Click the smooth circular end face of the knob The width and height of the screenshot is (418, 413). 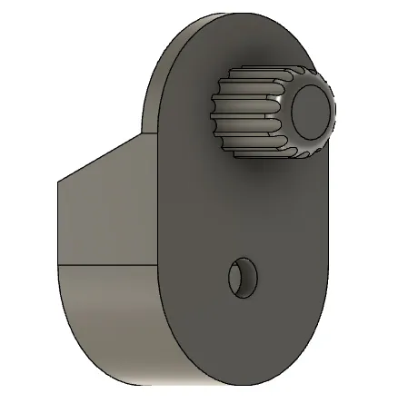(311, 112)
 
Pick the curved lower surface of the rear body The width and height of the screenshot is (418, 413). (109, 318)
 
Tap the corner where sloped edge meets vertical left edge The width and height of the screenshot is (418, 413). (58, 181)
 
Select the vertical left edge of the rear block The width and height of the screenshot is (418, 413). (58, 222)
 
